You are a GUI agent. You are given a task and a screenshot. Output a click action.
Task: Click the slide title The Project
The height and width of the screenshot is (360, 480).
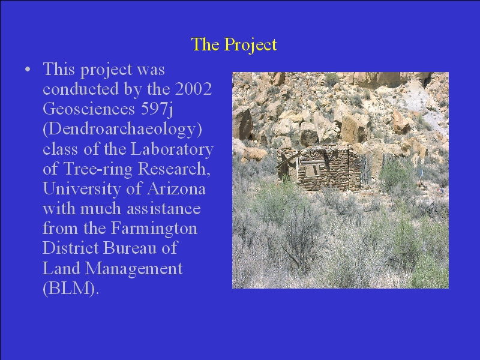click(x=234, y=44)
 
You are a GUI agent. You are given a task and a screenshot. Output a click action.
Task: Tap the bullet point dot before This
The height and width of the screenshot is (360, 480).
click(x=28, y=70)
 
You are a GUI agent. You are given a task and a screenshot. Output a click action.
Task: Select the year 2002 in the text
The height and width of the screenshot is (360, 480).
click(x=193, y=89)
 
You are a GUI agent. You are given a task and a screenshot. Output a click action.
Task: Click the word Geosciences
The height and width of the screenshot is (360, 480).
click(x=89, y=109)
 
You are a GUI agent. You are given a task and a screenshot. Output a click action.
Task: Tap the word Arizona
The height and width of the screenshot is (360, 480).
click(x=176, y=188)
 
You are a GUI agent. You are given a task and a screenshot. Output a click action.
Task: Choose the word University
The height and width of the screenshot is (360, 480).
click(x=82, y=190)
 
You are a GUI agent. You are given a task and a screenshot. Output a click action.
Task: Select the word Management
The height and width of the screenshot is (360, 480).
click(x=134, y=269)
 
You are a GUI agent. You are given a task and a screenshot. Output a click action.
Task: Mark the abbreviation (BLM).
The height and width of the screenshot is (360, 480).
click(x=71, y=288)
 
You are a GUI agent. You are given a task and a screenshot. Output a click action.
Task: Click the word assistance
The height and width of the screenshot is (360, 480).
click(x=164, y=209)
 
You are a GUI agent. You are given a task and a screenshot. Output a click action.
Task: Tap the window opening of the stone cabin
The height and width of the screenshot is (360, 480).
click(x=311, y=171)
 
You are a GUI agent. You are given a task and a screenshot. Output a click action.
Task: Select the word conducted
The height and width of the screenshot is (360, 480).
click(x=81, y=89)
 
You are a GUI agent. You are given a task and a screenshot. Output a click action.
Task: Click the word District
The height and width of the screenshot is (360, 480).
click(x=71, y=248)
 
